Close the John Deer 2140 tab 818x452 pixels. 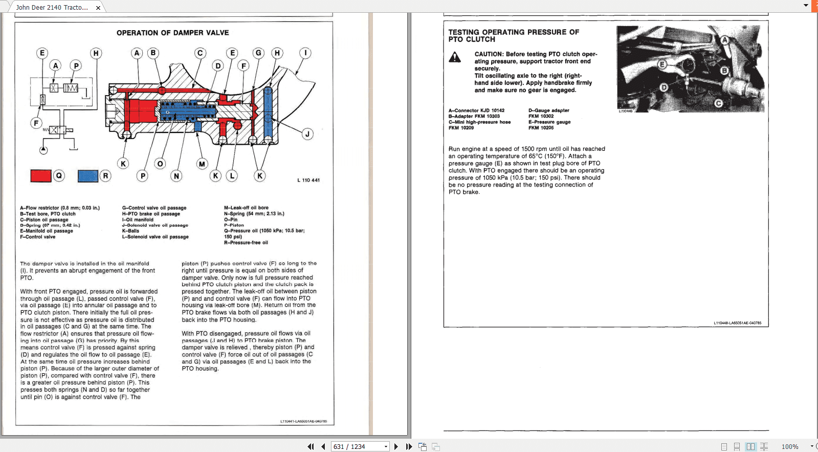coord(98,8)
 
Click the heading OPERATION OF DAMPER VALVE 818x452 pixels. coord(172,33)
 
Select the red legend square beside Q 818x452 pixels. coord(41,176)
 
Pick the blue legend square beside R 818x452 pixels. coord(88,176)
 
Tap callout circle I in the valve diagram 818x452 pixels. coord(305,53)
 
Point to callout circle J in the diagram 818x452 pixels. coord(307,134)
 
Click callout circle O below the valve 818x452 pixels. coord(161,164)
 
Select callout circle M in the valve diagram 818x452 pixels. coord(202,164)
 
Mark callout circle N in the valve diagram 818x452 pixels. coord(176,176)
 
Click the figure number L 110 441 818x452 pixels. coord(308,180)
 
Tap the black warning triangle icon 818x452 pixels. coord(455,57)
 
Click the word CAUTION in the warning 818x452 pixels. coord(489,54)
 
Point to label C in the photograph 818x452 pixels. coord(718,103)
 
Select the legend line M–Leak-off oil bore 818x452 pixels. coord(246,208)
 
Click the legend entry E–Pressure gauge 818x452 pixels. coord(549,122)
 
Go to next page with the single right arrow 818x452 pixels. coord(396,446)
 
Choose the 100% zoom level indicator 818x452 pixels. coord(790,446)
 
